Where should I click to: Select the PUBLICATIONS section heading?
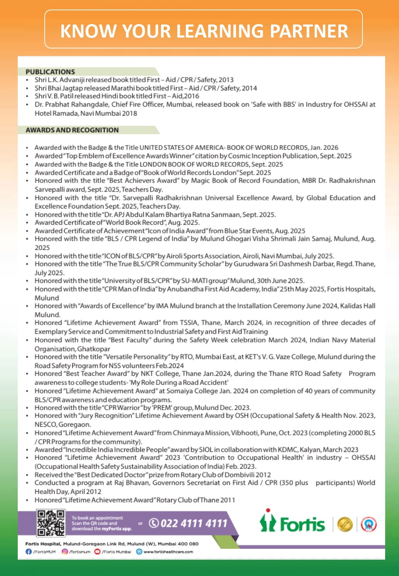(50, 72)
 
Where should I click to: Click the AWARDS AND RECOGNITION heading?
(72, 130)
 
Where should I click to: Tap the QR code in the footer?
(51, 523)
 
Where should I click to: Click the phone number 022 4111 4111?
(194, 523)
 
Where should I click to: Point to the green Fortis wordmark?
(302, 524)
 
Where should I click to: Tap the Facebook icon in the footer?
(28, 552)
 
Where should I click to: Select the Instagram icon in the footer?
(65, 552)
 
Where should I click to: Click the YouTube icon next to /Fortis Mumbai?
(98, 552)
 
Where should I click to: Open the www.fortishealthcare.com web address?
(168, 552)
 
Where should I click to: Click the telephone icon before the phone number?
(154, 523)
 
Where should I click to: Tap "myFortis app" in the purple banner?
(117, 529)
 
